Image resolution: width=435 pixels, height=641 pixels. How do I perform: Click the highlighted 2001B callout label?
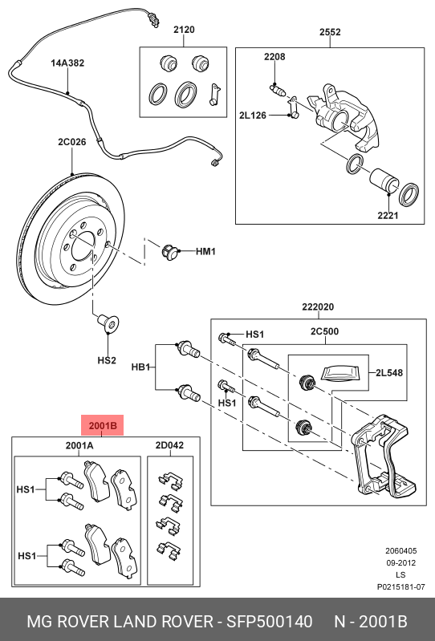point(103,425)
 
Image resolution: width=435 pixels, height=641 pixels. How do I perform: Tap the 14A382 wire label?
point(67,63)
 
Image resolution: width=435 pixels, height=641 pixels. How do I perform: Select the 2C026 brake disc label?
point(72,142)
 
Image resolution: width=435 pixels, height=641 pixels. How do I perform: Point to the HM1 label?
point(205,251)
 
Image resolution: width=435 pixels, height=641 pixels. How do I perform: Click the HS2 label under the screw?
point(107,360)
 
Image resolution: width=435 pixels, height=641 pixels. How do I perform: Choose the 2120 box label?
point(184,30)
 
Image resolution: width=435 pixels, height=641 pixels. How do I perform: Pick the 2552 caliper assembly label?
point(330,32)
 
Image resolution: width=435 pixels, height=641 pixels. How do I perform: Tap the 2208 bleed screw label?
point(274,57)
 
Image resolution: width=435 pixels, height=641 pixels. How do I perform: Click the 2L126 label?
point(253,116)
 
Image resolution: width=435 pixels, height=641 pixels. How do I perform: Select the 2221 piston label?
point(388,215)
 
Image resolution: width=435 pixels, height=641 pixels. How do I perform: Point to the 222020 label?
point(318,306)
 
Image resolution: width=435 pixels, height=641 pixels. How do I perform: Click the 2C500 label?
point(324,331)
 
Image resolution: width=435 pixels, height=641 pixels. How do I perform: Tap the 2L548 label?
point(389,373)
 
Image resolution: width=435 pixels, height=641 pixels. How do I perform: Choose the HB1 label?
point(141,367)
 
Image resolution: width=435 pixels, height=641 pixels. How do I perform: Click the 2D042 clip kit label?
point(169,445)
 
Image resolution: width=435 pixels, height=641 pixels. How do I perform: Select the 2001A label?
point(79,445)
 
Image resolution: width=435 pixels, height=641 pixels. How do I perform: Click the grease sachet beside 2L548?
point(341,374)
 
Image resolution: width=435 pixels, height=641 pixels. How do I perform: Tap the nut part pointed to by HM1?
point(169,251)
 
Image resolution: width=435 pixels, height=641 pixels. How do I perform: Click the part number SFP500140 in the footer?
point(270,622)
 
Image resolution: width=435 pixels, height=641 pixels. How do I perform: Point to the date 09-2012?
point(400,563)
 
